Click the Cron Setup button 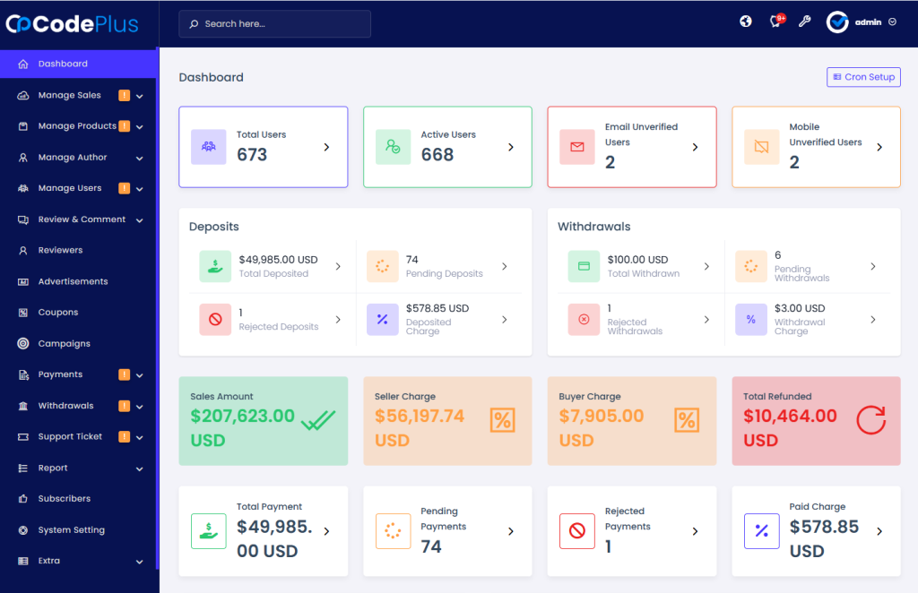click(863, 77)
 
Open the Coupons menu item click(58, 313)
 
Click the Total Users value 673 click(252, 155)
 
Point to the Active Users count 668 click(437, 155)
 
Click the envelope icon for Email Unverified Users click(577, 147)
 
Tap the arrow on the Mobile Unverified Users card click(879, 147)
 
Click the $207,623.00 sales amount click(242, 416)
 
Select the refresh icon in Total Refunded click(870, 420)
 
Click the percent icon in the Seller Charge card click(502, 420)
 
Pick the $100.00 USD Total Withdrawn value click(637, 260)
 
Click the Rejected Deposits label click(278, 327)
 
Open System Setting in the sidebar click(71, 530)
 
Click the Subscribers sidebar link click(64, 499)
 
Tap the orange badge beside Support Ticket click(125, 437)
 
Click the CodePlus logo click(74, 23)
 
